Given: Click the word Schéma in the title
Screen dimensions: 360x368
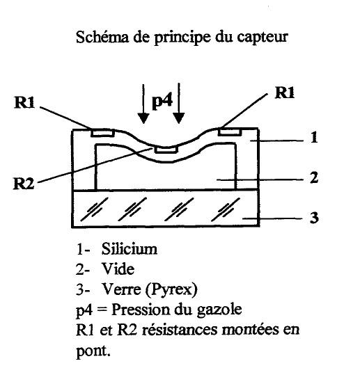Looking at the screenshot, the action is pos(102,37).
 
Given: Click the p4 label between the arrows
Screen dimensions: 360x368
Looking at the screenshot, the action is pos(162,101).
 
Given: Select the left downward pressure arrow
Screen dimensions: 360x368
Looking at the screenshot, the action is pos(143,104).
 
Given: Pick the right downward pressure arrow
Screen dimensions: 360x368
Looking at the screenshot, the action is pos(179,103).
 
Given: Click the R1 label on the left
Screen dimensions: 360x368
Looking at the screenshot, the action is pos(24,102).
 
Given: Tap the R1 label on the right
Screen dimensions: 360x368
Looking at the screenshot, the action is pos(285,93).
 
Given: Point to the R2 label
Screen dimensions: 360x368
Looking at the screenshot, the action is pos(24,184).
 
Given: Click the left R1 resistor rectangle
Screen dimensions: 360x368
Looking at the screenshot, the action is pos(103,133).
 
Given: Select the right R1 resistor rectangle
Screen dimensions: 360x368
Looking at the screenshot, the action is pos(230,131).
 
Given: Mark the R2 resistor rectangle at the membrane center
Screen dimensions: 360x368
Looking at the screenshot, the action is pos(166,150).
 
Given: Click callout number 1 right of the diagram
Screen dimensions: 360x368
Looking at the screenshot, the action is pos(314,138).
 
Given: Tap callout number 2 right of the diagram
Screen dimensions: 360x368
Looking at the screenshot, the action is pos(314,177).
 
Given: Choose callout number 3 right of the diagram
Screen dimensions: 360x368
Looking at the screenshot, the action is pos(314,218).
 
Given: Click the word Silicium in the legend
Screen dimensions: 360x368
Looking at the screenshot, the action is pos(130,248).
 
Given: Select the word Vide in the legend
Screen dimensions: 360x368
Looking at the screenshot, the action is pos(118,269).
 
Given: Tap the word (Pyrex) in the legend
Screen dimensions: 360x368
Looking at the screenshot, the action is pos(171,289).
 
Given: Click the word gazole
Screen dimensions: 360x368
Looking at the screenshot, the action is pos(219,310).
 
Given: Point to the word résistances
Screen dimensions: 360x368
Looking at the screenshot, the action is pos(180,330).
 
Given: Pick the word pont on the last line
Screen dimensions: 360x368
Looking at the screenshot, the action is pos(93,351).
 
